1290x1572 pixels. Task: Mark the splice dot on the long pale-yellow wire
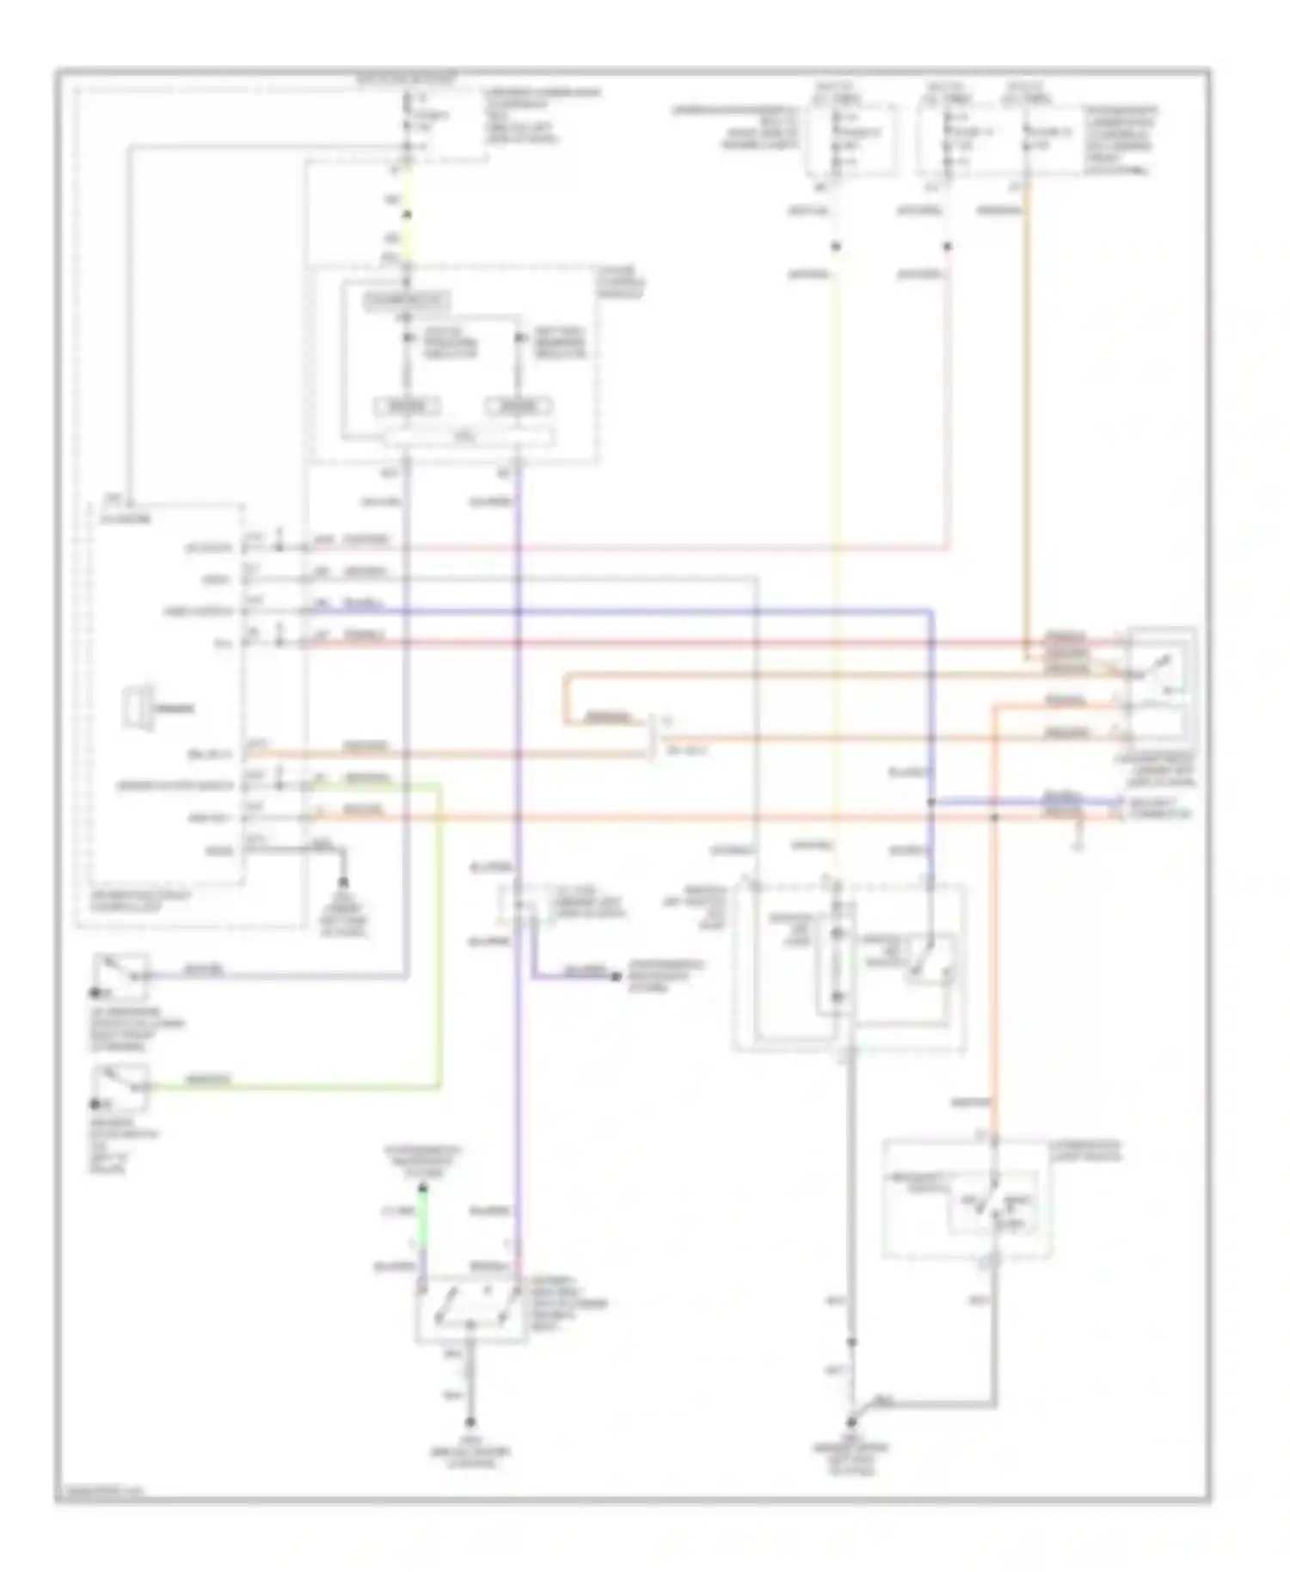835,247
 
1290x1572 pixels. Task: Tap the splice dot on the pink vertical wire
947,247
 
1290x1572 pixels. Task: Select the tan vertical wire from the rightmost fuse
1026,413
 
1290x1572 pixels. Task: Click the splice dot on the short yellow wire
407,214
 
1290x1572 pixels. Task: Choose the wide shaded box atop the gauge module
406,301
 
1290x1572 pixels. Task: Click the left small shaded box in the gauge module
406,406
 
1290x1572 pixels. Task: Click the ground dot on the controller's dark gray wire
343,882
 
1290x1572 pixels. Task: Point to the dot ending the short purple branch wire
616,977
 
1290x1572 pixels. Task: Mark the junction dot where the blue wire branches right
931,802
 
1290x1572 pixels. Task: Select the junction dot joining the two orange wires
994,815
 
